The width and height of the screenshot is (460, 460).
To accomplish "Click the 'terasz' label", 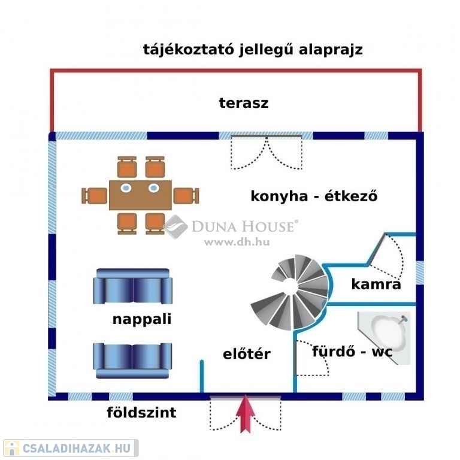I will tap(243, 102).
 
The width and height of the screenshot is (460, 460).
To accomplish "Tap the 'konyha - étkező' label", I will tap(314, 196).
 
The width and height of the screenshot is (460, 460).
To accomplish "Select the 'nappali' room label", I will tap(142, 319).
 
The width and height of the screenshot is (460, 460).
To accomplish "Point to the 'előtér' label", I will tap(246, 354).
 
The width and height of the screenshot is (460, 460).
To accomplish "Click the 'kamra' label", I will tap(376, 284).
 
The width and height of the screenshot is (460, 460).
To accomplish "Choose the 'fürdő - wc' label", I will tap(352, 351).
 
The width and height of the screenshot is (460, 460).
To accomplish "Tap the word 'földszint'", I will tap(141, 413).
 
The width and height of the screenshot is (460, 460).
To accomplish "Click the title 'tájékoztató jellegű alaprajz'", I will tap(253, 49).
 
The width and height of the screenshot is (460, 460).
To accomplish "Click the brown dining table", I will tap(141, 195).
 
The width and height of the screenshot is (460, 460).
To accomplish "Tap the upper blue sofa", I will tap(132, 287).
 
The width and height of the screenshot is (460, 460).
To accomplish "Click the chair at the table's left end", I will tap(94, 195).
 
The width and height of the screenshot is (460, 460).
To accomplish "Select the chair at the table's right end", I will tap(186, 195).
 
